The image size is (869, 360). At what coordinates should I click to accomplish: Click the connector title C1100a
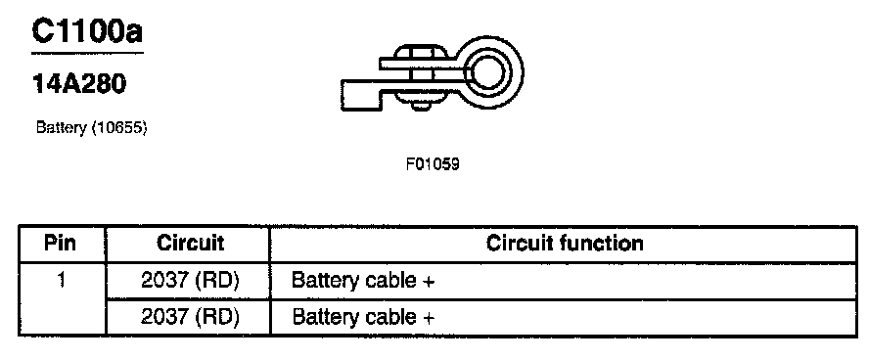click(87, 31)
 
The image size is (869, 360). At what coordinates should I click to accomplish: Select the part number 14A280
click(79, 83)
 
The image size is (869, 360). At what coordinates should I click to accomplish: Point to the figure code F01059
click(433, 164)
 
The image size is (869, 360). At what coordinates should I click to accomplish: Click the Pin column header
click(61, 244)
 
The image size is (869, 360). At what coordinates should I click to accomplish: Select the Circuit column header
click(190, 244)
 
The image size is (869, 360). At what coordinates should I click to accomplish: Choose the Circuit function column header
click(565, 244)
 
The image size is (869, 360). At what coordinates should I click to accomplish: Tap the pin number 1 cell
click(61, 280)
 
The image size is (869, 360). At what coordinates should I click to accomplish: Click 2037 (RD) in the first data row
click(190, 281)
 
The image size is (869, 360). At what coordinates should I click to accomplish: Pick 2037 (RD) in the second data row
click(190, 317)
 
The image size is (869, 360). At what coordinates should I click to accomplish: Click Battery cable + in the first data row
click(363, 281)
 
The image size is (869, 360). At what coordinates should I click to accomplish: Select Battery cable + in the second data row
click(363, 317)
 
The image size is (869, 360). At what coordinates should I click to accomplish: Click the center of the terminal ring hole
click(487, 72)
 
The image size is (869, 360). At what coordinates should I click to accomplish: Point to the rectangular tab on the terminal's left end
click(361, 95)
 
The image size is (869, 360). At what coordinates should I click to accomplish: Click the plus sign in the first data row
click(428, 282)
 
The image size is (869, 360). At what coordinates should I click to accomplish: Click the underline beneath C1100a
click(87, 53)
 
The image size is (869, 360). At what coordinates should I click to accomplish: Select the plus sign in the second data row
click(428, 318)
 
